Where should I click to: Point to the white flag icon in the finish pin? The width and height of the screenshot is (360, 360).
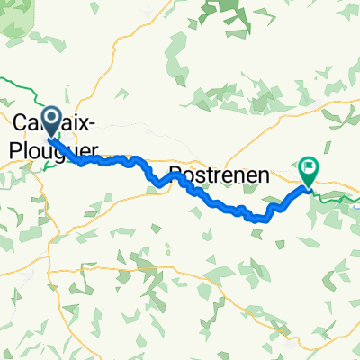point(309,166)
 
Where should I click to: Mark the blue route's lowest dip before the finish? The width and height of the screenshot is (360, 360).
point(261,219)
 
